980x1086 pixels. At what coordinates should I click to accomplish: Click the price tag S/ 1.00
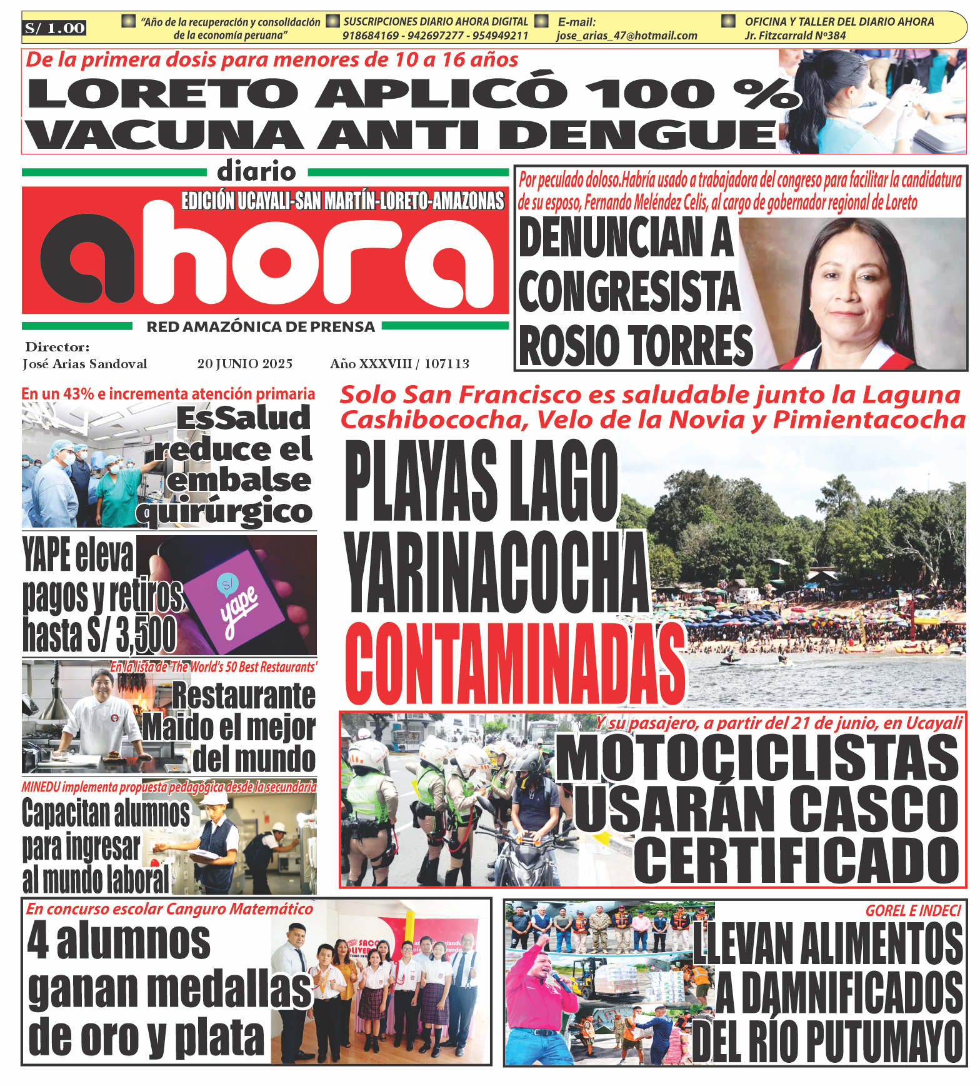click(55, 28)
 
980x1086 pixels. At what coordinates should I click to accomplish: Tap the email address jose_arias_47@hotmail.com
click(627, 36)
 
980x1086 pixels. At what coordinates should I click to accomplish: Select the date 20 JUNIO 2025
click(244, 364)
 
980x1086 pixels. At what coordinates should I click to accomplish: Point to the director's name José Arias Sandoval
click(85, 364)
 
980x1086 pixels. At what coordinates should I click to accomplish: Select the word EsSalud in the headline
click(243, 418)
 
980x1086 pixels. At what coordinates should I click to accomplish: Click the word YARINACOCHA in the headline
click(497, 572)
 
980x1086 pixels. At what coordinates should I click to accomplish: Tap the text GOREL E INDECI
click(912, 910)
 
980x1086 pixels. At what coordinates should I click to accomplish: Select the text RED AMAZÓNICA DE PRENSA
click(261, 327)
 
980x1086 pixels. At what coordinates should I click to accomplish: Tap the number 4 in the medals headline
click(38, 941)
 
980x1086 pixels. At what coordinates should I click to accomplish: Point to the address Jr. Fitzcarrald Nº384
click(795, 36)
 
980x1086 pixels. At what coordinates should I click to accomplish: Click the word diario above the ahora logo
click(257, 171)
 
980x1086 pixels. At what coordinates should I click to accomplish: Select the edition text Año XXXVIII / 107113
click(399, 364)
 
